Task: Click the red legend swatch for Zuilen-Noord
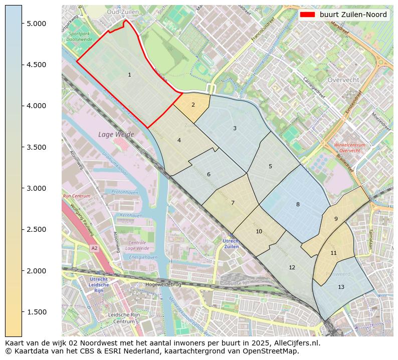(x=307, y=15)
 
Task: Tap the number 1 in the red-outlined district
(x=129, y=75)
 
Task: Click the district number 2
(x=193, y=105)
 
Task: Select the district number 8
(x=298, y=204)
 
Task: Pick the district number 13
(x=341, y=287)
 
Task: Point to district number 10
(x=259, y=231)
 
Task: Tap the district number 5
(x=270, y=166)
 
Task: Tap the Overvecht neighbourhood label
(x=343, y=80)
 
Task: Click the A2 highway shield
(x=94, y=248)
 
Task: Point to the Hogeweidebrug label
(x=163, y=284)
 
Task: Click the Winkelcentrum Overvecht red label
(x=349, y=148)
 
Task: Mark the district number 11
(x=333, y=253)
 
